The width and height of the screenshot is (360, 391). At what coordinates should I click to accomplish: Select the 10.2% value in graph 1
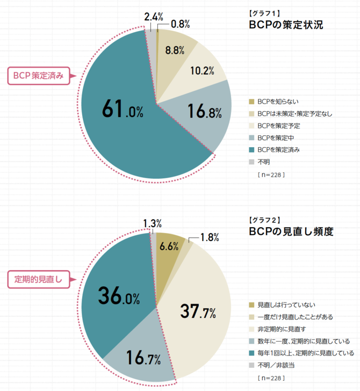[203, 70]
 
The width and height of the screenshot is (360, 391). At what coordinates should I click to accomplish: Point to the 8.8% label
[175, 51]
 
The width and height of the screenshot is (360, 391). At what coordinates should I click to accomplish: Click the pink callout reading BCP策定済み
[39, 76]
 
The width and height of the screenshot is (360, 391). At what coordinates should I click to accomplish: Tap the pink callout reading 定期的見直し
[38, 279]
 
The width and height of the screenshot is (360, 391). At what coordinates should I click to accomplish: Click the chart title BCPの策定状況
[285, 25]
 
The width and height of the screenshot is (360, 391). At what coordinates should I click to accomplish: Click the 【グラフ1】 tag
[263, 12]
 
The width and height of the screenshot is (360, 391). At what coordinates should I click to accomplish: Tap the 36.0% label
[120, 295]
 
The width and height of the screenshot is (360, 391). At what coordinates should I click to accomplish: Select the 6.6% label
[169, 247]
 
